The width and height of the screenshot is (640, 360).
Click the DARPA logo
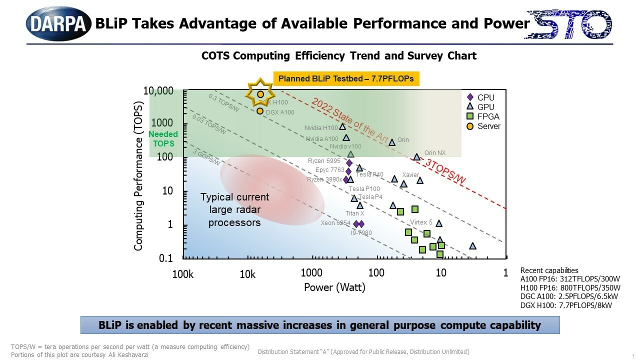pos(58,23)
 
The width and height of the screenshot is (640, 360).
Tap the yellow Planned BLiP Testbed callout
pos(346,78)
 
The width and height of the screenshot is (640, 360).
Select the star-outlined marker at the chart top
pos(260,93)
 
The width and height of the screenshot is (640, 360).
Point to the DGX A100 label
pos(280,112)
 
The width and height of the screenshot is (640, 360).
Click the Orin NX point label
pos(434,153)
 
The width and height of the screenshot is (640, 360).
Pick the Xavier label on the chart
pos(410,175)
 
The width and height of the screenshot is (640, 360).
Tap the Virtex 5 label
pos(421,222)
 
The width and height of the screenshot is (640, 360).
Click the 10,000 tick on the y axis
pos(158,91)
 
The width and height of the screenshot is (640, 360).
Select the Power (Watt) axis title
pos(334,287)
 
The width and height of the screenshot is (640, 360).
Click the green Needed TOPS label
pos(163,139)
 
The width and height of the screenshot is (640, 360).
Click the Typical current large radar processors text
pos(234,209)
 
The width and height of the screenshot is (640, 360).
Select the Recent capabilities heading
pos(549,270)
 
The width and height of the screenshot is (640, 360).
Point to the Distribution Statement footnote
pos(363,352)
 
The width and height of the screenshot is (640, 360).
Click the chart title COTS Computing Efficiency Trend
pos(338,55)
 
